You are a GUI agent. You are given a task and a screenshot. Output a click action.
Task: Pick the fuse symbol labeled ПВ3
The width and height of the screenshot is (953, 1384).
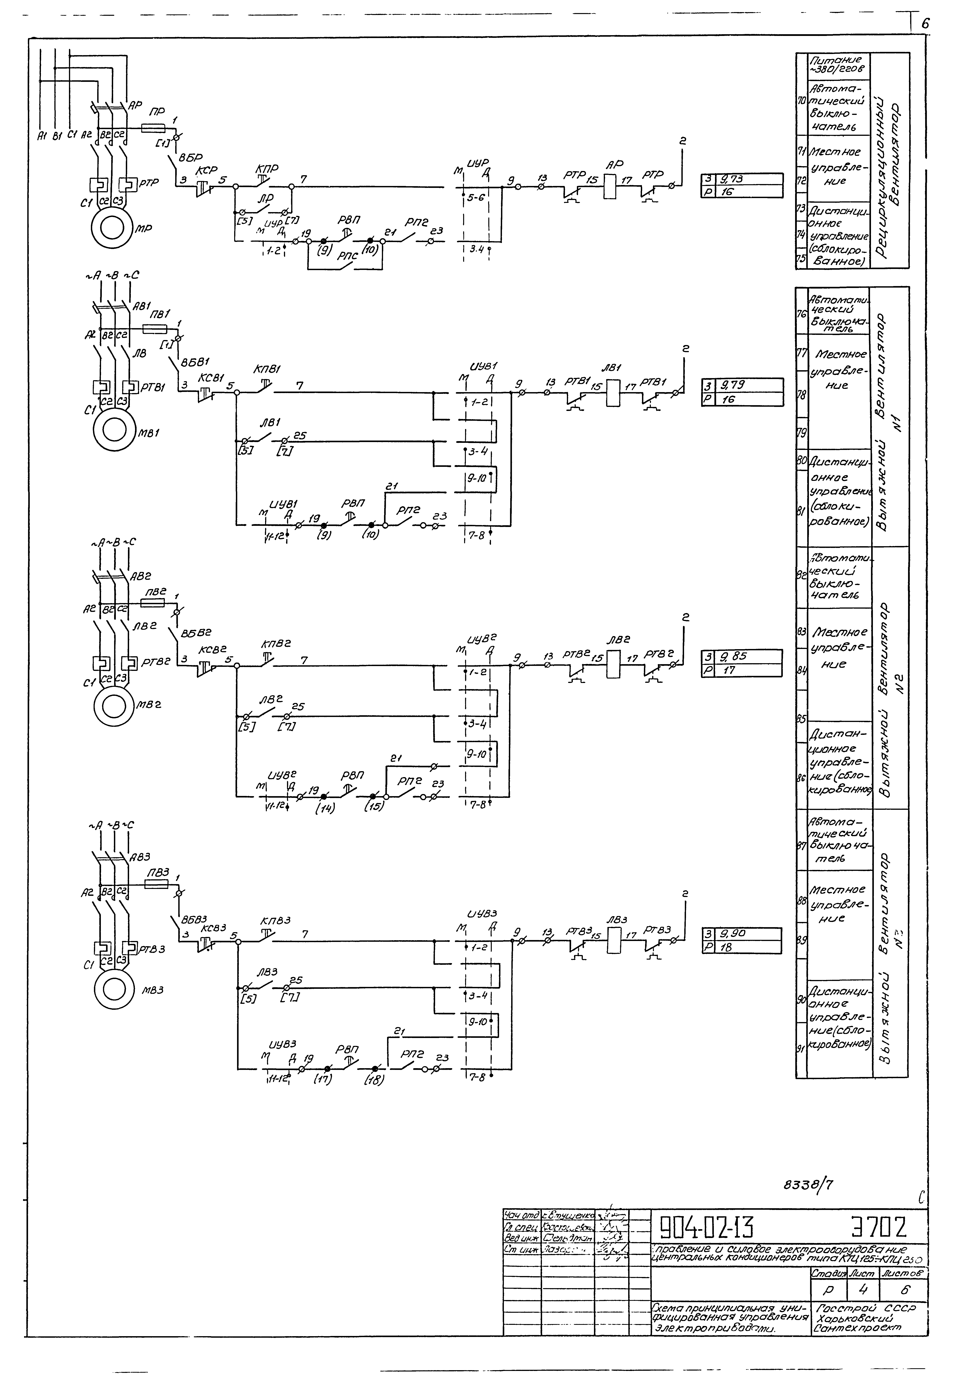click(156, 884)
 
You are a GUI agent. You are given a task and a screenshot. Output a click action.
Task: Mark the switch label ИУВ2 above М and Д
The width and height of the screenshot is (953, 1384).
click(481, 640)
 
